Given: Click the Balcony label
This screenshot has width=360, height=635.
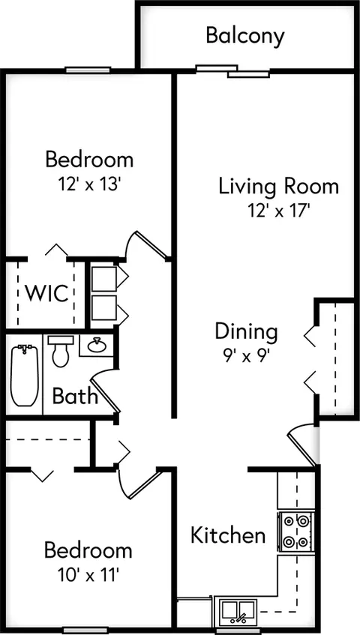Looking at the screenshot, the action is (245, 37).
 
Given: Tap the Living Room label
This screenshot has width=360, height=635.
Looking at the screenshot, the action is (278, 187).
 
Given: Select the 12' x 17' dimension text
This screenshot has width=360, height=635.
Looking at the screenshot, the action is (279, 211).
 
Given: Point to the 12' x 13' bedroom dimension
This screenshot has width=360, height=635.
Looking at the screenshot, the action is (89, 184).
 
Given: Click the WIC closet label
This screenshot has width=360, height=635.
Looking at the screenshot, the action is (47, 293).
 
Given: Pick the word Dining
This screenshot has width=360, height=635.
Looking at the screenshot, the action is (246, 332).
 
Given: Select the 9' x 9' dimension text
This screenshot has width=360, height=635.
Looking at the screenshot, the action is (246, 357).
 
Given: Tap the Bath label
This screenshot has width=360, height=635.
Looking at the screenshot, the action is (75, 397).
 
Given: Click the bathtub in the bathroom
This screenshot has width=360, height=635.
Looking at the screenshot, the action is (24, 375).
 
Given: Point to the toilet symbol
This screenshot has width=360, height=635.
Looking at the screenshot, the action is (60, 351).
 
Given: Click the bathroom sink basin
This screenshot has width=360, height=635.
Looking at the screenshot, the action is (97, 346).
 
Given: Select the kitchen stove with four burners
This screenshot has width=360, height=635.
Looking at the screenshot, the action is (296, 531).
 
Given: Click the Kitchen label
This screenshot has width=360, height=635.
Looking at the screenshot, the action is (228, 535).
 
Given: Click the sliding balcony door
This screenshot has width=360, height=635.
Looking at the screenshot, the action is (232, 71).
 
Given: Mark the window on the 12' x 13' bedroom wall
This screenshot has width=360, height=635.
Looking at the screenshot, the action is (88, 70).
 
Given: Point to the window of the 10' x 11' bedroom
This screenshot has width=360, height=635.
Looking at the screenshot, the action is (85, 631).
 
